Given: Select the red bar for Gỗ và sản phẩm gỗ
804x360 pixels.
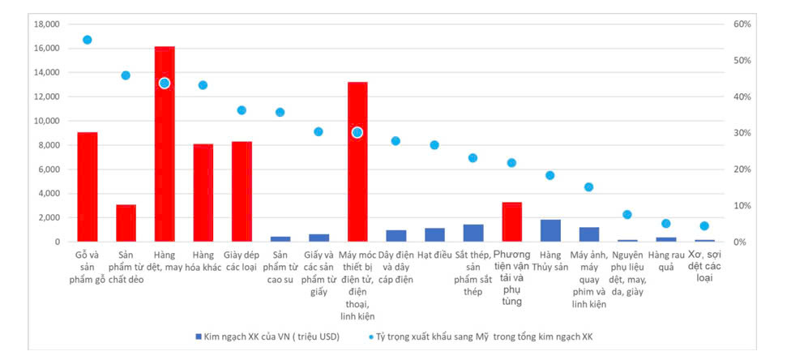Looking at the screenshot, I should (x=88, y=186).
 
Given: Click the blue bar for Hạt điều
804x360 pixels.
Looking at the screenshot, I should (x=434, y=235).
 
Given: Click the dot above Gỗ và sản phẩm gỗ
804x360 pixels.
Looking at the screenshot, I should (x=88, y=40).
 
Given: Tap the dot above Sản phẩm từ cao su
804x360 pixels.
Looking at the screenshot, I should (x=280, y=113).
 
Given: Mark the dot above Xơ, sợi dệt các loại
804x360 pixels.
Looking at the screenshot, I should (x=704, y=226).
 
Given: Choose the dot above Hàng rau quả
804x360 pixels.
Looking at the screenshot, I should (x=666, y=224).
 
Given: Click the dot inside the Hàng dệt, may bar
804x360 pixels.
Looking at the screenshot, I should (x=165, y=83).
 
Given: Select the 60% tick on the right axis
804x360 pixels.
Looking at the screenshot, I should (x=743, y=24).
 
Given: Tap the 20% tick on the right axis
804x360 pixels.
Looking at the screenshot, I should (x=743, y=169).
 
